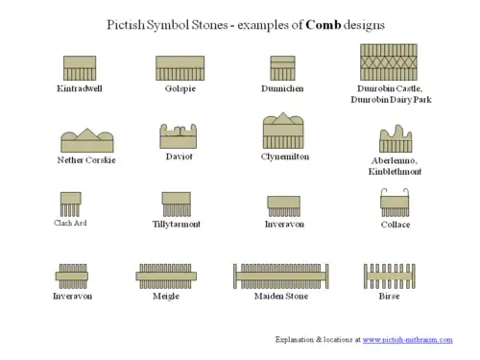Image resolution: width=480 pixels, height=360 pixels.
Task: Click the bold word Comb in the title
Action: tap(324, 24)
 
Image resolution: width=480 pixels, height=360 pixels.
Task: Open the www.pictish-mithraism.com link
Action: tap(407, 340)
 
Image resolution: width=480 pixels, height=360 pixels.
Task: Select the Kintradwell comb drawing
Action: tap(80, 68)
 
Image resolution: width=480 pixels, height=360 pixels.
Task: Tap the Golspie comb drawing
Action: tap(180, 68)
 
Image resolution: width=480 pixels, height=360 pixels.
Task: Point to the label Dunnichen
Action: tap(282, 88)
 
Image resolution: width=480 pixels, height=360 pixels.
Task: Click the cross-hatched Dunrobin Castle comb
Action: tap(388, 62)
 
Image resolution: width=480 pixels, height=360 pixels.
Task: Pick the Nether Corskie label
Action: tap(86, 160)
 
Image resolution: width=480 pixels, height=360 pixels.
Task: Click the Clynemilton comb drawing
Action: tap(283, 132)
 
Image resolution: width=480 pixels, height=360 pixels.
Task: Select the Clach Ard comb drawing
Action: tap(70, 204)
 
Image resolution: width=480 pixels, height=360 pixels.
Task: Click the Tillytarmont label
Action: tap(177, 224)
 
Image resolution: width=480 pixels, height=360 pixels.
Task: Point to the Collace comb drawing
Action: tap(395, 203)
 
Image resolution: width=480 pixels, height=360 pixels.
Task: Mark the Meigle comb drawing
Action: tap(166, 276)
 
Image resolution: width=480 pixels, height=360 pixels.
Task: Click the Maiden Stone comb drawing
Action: tap(282, 276)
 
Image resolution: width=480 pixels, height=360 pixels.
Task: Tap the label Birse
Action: tap(389, 296)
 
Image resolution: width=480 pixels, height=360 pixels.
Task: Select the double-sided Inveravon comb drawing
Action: tap(72, 276)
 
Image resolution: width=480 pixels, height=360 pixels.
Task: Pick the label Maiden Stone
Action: tap(281, 296)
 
